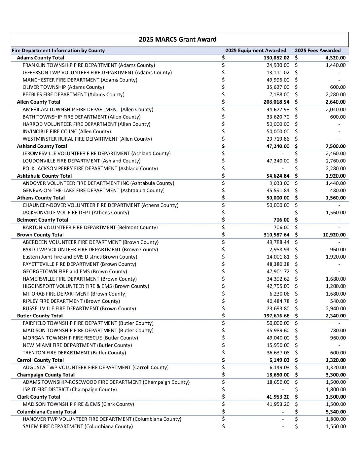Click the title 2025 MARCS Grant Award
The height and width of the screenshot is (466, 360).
point(178,39)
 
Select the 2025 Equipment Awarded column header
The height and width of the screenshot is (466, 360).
point(256,50)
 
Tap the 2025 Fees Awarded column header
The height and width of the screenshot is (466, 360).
point(318,50)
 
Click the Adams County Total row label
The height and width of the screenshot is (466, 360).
point(40,58)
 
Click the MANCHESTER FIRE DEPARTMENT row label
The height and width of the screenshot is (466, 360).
point(80,80)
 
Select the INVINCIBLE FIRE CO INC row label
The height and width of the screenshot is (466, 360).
point(67,131)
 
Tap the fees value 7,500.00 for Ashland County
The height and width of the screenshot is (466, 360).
point(336,146)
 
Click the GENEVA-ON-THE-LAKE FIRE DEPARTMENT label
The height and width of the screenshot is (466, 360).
point(93,191)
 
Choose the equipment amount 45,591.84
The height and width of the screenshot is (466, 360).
point(278,191)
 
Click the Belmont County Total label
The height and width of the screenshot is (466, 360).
point(42,220)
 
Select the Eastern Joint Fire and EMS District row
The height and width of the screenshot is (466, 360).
point(80,257)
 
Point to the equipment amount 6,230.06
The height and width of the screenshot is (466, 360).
point(279,294)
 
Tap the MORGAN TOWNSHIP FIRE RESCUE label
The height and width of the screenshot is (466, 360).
point(80,338)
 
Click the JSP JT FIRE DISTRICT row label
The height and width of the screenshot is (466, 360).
point(69,389)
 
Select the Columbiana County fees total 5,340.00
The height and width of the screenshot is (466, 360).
point(336,412)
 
